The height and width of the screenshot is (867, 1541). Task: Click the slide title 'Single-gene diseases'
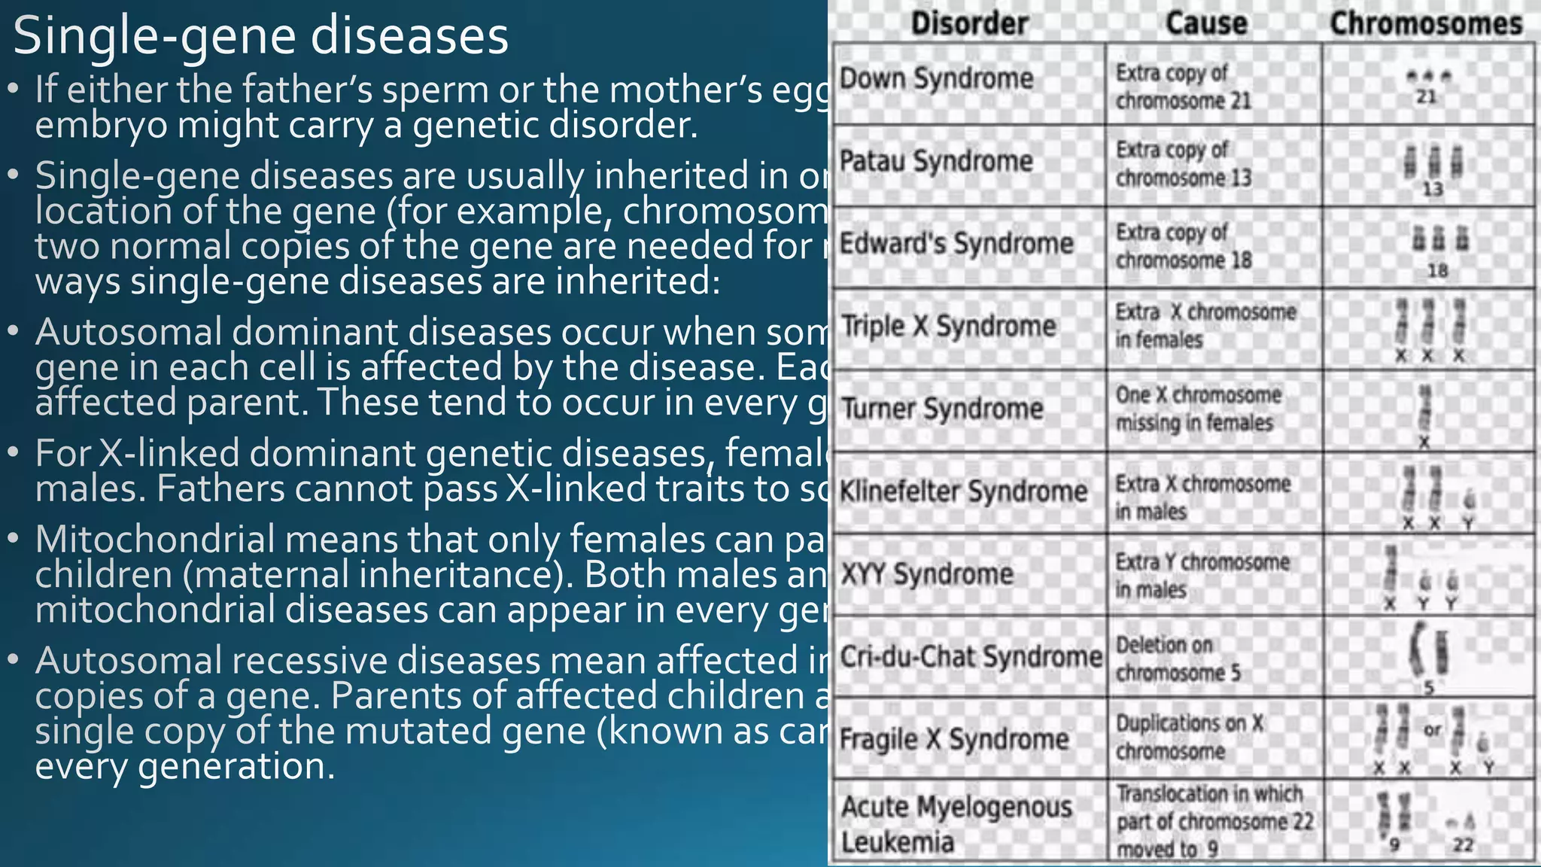(260, 36)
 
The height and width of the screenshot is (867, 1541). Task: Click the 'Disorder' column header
(969, 23)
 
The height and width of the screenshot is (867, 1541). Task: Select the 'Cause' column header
(1206, 23)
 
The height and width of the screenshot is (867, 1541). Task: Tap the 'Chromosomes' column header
(1426, 23)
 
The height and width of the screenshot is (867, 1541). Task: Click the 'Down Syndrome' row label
(936, 78)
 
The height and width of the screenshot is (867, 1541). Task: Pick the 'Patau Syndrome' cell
(936, 161)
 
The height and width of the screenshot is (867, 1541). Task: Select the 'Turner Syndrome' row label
(942, 409)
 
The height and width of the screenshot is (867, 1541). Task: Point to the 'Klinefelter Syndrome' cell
(963, 491)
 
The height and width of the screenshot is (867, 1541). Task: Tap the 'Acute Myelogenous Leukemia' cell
(956, 824)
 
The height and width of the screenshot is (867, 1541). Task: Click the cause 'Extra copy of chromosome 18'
(1183, 246)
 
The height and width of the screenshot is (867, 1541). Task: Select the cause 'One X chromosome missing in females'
(1198, 409)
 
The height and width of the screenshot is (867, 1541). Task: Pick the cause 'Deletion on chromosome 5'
(1178, 659)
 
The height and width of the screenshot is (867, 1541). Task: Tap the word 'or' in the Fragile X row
(1432, 729)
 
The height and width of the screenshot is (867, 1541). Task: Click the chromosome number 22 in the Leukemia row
(1463, 844)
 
